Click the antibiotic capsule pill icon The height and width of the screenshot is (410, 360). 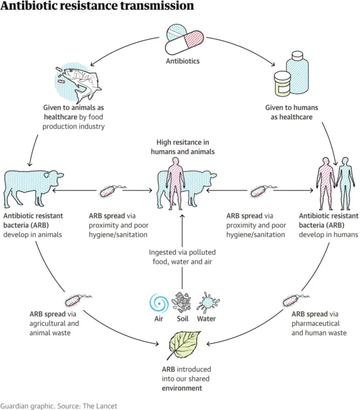(184, 39)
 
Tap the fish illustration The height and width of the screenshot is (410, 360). (80, 83)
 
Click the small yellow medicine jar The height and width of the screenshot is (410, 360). (282, 84)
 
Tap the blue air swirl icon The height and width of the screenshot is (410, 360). (159, 303)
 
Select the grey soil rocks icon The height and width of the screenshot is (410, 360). (182, 302)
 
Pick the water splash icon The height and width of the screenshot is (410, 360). (208, 302)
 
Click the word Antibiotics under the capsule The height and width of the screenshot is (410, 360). (182, 61)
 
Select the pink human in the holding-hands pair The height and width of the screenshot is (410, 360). (326, 183)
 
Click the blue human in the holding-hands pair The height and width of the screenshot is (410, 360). (345, 183)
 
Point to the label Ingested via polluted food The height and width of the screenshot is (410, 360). (182, 257)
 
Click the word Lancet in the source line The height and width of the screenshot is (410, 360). (107, 406)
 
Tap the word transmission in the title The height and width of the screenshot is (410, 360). (157, 6)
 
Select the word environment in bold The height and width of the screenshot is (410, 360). (182, 388)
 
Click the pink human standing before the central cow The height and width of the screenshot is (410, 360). (175, 183)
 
